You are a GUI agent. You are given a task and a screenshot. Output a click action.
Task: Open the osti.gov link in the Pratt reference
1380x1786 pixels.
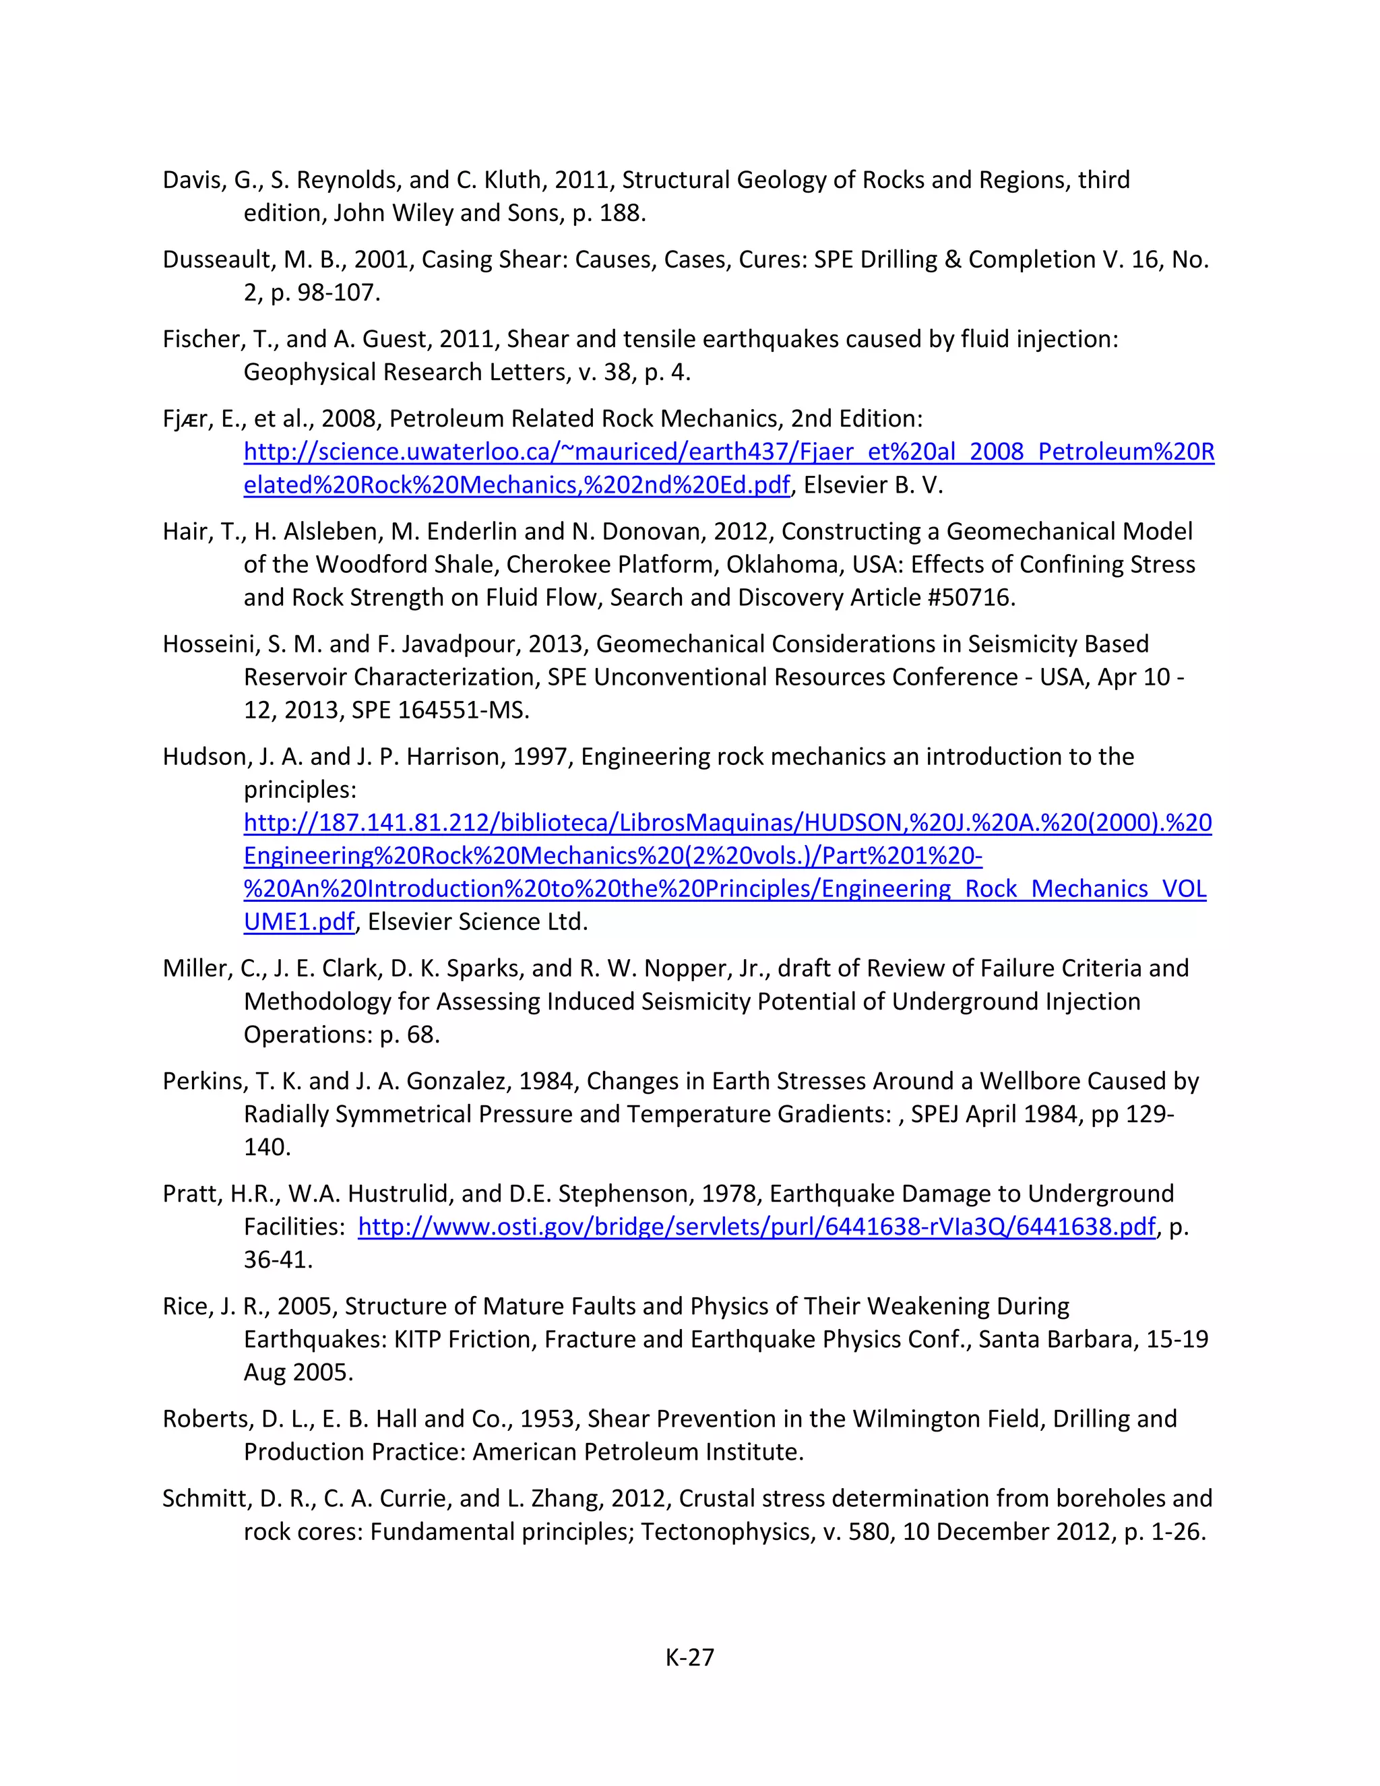pos(756,1227)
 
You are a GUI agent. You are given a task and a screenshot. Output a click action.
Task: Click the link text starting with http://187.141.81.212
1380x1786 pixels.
pos(727,823)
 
